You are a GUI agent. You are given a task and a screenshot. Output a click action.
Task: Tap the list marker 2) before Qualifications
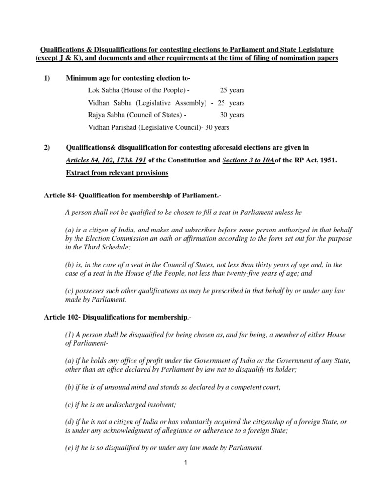[47, 147]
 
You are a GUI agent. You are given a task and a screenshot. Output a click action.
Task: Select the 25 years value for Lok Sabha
[232, 91]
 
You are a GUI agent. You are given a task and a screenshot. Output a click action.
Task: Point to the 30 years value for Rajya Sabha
[232, 115]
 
